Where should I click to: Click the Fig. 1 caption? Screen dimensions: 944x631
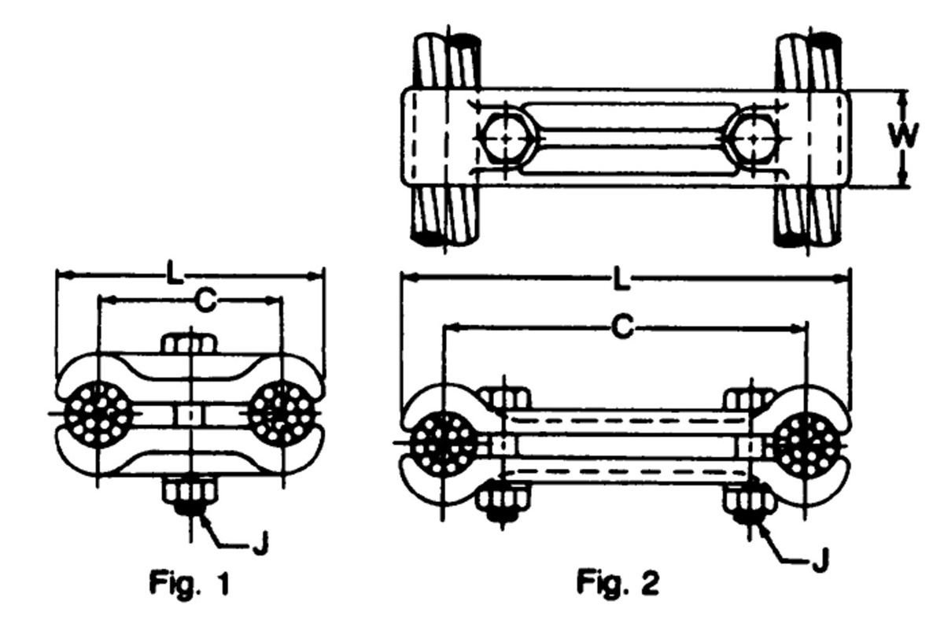(x=190, y=583)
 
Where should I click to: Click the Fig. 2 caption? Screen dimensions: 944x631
(x=618, y=582)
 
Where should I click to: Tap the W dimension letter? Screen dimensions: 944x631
(x=904, y=136)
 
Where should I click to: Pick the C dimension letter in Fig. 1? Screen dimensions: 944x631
(x=206, y=301)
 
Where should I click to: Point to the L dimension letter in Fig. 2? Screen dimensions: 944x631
(x=621, y=279)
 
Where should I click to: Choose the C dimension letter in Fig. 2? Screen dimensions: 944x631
(x=622, y=327)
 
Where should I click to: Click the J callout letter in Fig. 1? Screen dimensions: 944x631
(x=260, y=543)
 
